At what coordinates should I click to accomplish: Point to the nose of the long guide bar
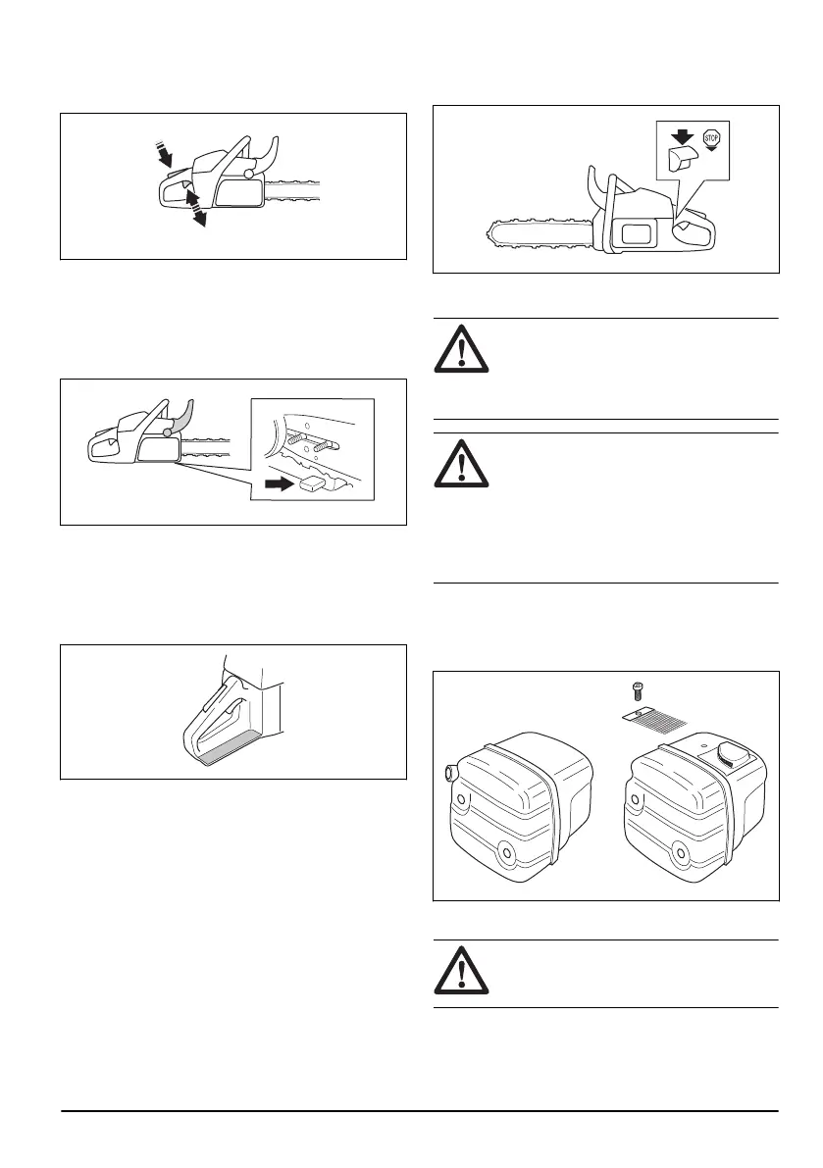click(491, 236)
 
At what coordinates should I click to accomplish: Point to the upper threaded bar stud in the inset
click(299, 415)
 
